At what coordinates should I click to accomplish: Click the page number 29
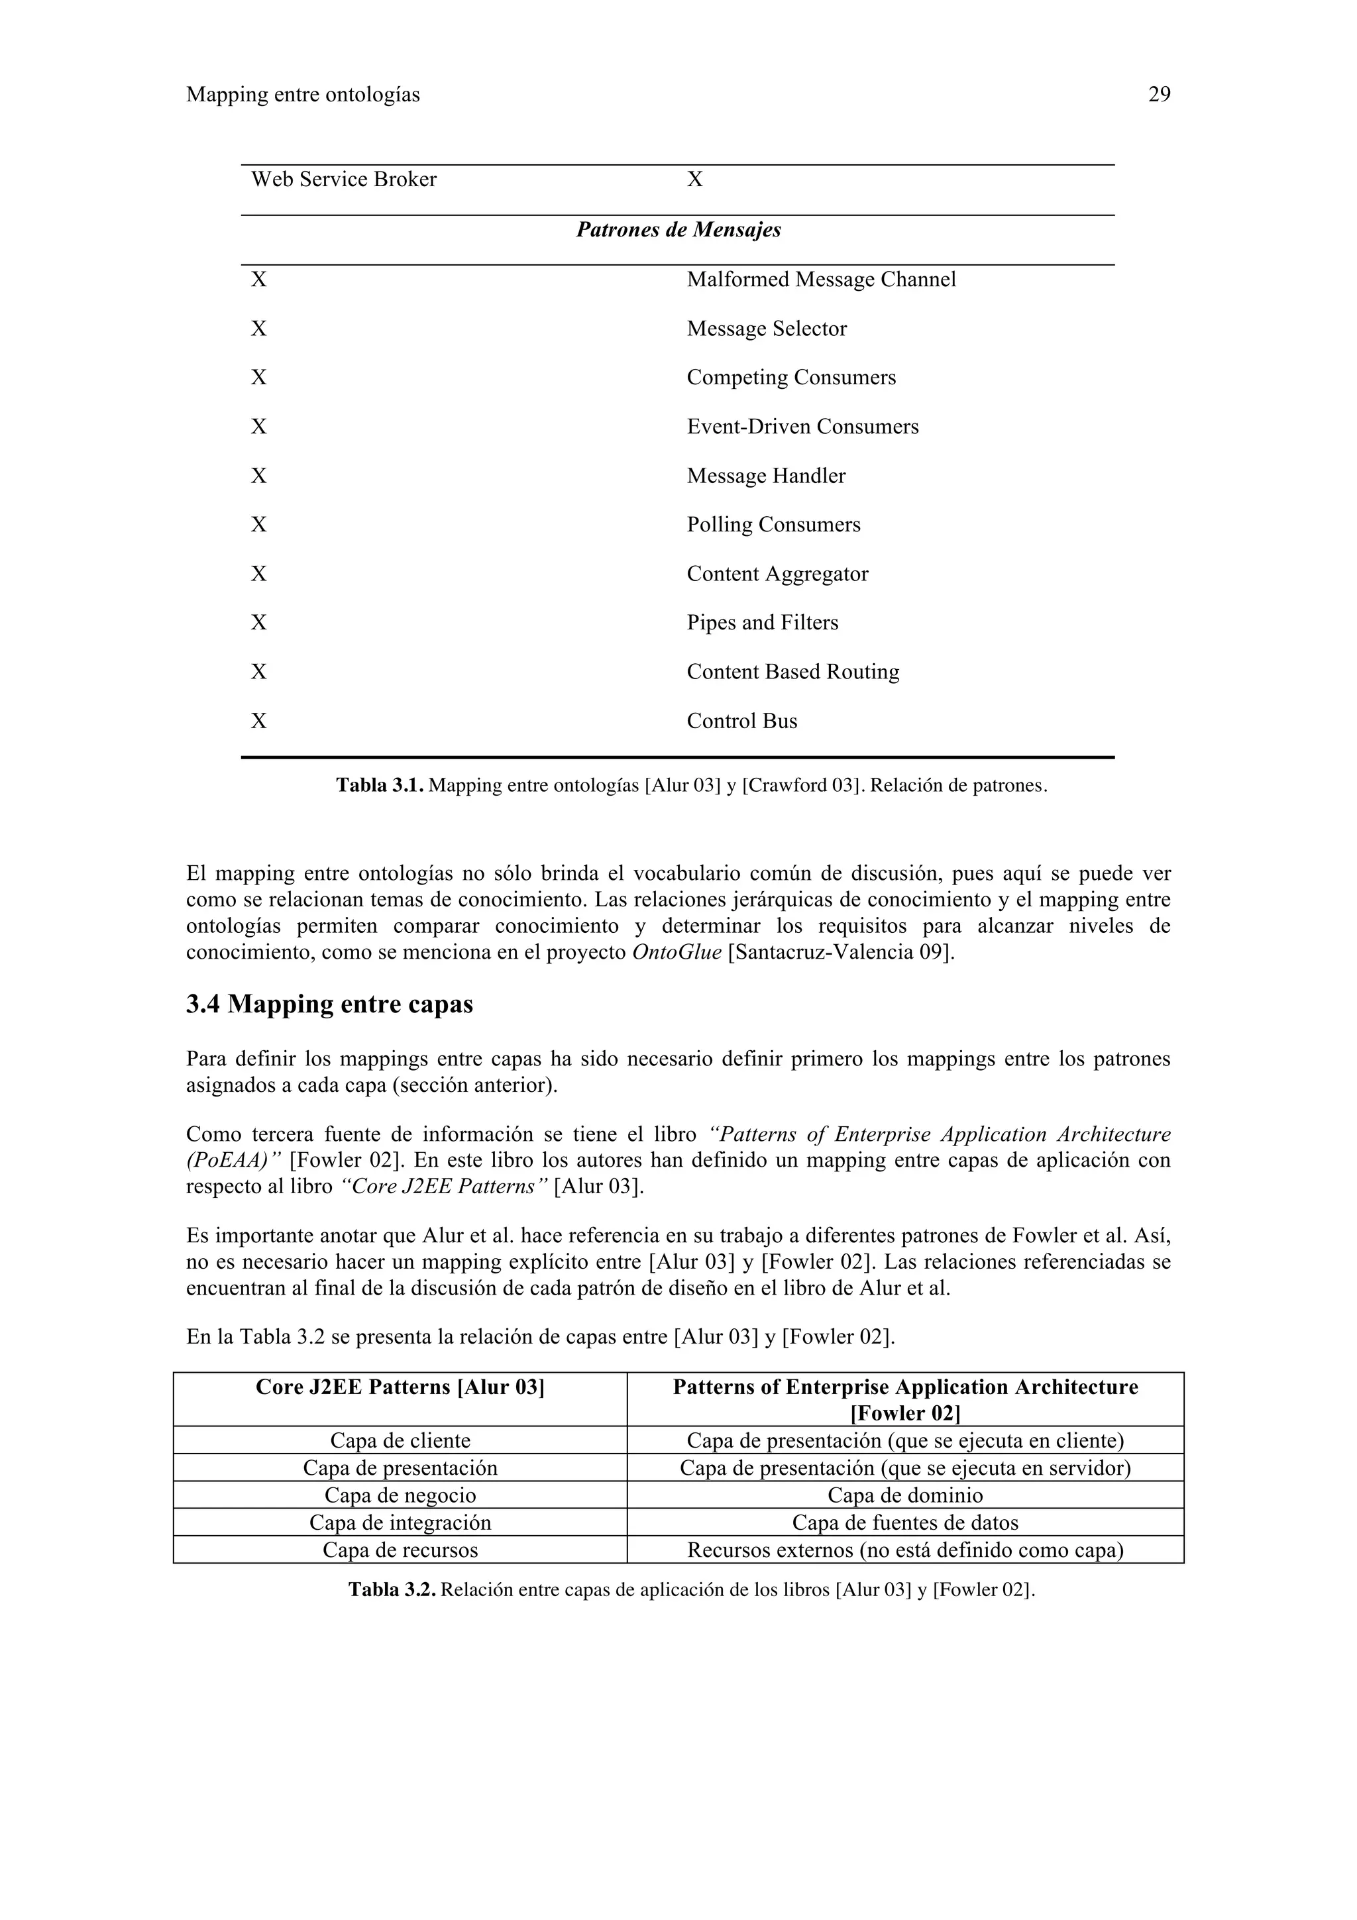click(1159, 95)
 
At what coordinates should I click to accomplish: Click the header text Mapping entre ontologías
click(303, 95)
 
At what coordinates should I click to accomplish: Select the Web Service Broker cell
click(344, 180)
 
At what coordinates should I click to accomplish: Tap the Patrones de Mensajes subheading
click(678, 230)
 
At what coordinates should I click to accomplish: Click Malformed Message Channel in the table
click(821, 280)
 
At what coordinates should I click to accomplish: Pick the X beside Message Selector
click(259, 329)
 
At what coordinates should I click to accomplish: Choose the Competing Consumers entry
click(791, 377)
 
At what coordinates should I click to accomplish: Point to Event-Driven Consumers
click(802, 427)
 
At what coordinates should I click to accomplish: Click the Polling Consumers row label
click(773, 524)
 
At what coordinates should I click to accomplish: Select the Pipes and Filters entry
click(762, 622)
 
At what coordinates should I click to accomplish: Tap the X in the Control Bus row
click(259, 721)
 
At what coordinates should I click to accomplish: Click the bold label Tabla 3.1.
click(380, 785)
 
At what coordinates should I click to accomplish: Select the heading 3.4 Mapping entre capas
click(329, 1004)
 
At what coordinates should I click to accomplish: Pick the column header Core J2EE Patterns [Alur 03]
click(400, 1387)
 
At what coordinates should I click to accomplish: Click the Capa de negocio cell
click(400, 1495)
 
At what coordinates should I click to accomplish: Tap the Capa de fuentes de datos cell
click(904, 1522)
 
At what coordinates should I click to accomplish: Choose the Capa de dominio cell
click(904, 1495)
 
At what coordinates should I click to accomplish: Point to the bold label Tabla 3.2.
click(392, 1589)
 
